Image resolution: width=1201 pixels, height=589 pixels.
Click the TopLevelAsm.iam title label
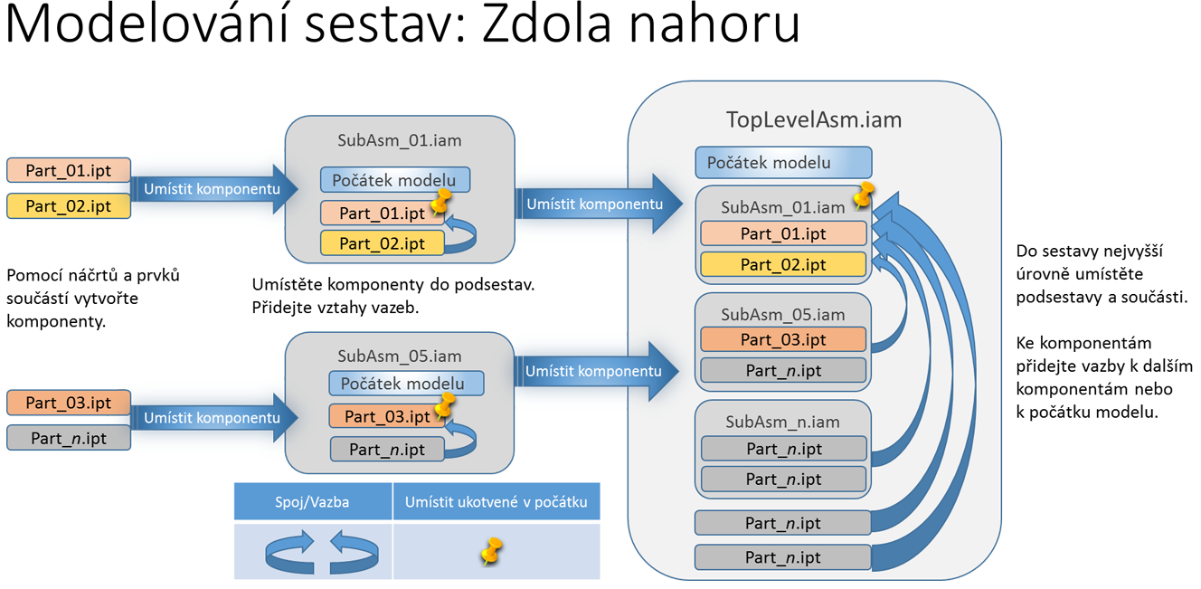coord(814,119)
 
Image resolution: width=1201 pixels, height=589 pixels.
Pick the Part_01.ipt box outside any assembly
coord(69,171)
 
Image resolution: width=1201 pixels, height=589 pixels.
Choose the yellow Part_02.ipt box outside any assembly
coord(69,206)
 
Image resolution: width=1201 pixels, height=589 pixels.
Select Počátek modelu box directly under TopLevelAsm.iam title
coord(783,163)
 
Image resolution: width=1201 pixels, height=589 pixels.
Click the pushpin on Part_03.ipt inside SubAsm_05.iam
coord(445,405)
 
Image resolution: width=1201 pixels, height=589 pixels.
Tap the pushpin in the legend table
coord(492,551)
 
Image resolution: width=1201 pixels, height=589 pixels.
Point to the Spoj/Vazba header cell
coord(313,501)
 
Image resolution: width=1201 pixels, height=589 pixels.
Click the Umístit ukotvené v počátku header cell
coord(496,501)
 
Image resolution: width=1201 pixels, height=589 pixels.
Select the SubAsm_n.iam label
coord(783,422)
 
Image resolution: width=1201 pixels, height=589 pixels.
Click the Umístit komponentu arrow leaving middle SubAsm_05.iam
coord(596,371)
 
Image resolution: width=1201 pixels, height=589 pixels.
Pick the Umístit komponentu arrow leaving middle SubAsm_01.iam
coord(598,204)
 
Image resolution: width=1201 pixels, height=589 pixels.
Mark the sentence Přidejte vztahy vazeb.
coord(336,308)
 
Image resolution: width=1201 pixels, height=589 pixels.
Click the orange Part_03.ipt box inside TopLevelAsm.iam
coord(783,339)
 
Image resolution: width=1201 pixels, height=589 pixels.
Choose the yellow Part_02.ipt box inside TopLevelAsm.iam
coord(783,264)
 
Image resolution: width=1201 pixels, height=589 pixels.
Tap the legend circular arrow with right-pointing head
coord(290,553)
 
